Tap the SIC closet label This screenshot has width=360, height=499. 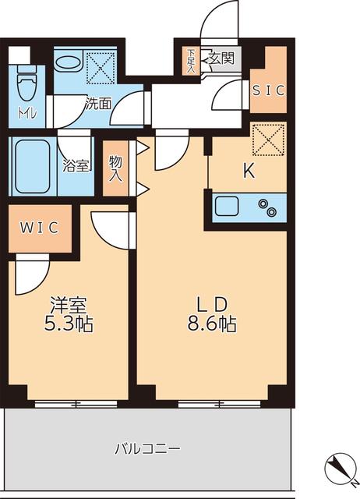coord(267,89)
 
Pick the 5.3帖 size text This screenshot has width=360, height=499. coord(69,323)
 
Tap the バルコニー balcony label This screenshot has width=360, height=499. coord(148,449)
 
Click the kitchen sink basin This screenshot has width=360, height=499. coord(228,208)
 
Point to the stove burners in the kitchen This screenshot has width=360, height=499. coord(269,208)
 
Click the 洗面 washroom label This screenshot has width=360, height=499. coord(98,102)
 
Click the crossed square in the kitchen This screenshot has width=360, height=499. coord(269,140)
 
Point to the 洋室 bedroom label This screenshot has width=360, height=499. coord(69,304)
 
